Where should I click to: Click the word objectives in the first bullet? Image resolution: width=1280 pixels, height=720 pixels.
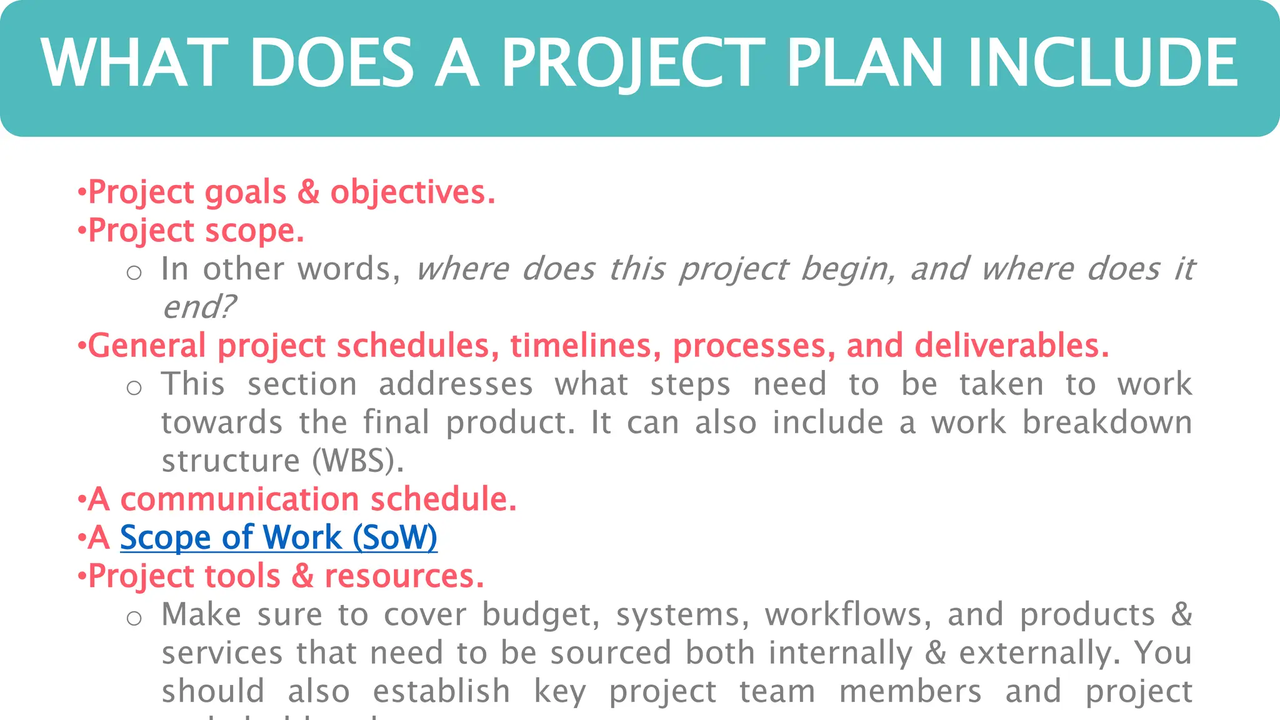point(412,192)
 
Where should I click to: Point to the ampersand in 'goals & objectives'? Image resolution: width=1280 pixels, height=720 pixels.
point(308,192)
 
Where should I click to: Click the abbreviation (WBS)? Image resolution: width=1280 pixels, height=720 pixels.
point(358,461)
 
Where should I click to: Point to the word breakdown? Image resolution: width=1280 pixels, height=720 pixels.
point(1107,423)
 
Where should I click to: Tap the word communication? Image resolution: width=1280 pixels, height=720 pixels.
point(239,499)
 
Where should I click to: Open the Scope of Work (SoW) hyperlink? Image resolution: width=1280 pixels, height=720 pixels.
point(278,537)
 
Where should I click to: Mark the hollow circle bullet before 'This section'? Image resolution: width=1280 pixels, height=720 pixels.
point(134,388)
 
